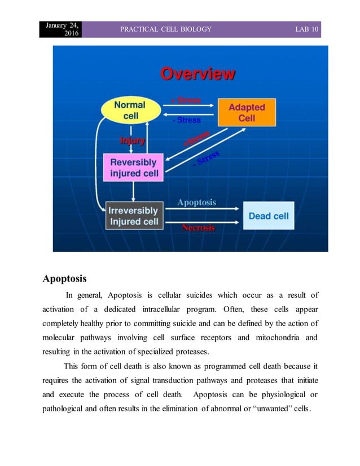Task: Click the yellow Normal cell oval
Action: pyautogui.click(x=130, y=110)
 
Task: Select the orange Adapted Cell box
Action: pyautogui.click(x=247, y=112)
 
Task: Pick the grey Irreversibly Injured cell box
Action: pyautogui.click(x=134, y=216)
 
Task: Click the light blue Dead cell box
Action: pyautogui.click(x=269, y=216)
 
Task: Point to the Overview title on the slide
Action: pyautogui.click(x=198, y=74)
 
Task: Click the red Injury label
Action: pyautogui.click(x=132, y=140)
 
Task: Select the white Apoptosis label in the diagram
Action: pyautogui.click(x=196, y=202)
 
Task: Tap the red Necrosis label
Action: pyautogui.click(x=198, y=228)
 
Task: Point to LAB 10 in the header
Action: pyautogui.click(x=308, y=29)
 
